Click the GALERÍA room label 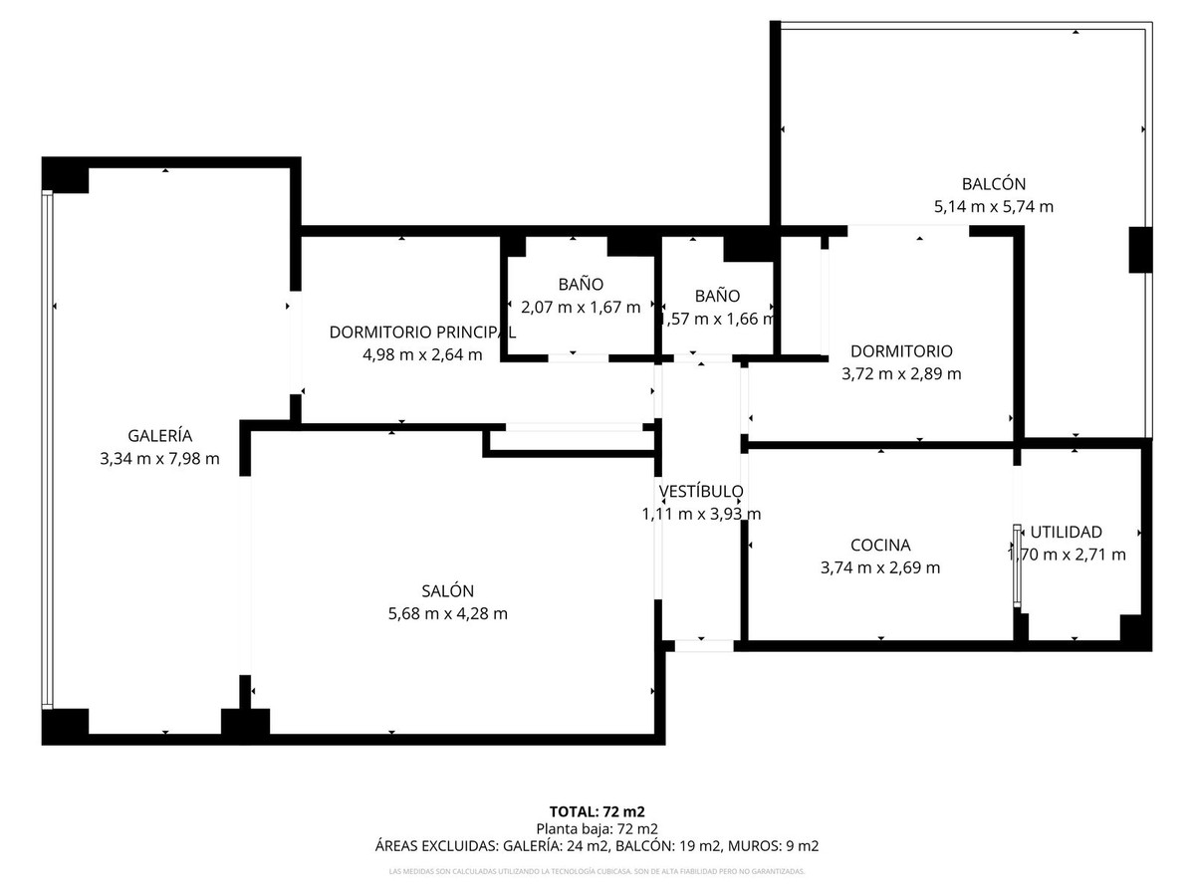point(159,435)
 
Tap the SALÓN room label point(447,590)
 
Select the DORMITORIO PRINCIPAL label point(422,332)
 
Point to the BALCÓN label point(993,184)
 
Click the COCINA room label point(880,546)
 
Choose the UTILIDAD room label point(1066,532)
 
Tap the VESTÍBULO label point(701,491)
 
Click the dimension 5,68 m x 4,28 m point(447,614)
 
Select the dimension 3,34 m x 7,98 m point(159,459)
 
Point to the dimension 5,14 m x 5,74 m point(993,207)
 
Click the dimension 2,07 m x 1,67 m point(581,308)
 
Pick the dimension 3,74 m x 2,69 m point(880,568)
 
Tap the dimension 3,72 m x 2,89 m point(901,374)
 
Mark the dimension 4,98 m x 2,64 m point(422,354)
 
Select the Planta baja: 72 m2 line point(597,828)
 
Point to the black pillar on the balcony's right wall point(1140,250)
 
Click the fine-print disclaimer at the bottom point(597,872)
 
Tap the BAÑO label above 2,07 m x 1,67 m point(581,285)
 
